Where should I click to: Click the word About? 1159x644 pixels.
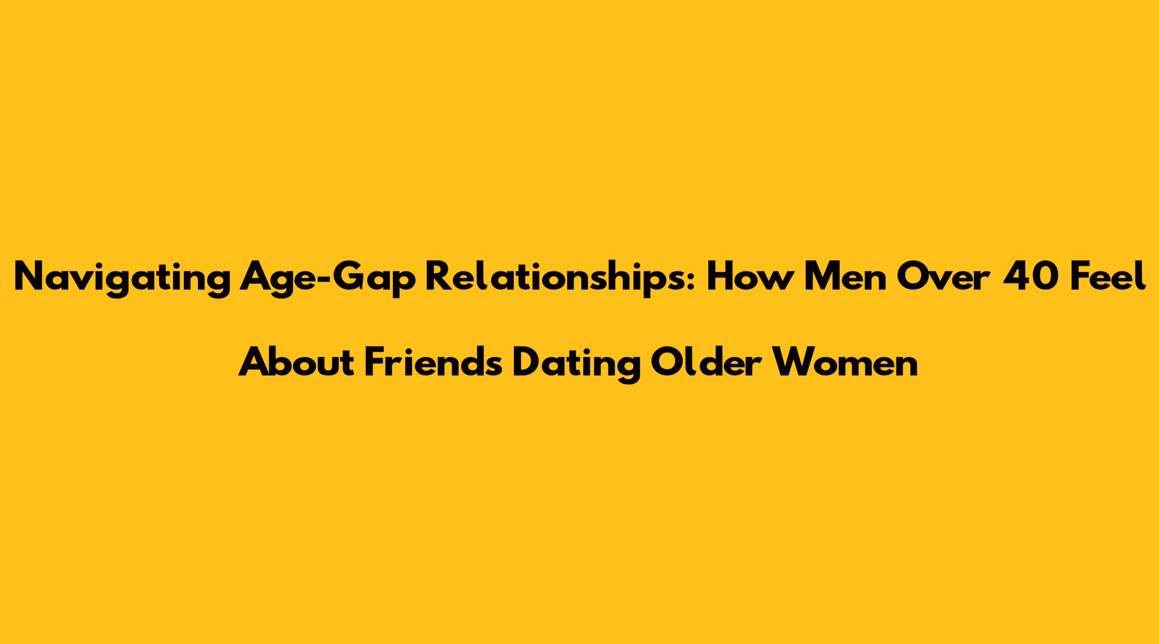coord(297,362)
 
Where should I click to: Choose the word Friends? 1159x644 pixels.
coord(433,362)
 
